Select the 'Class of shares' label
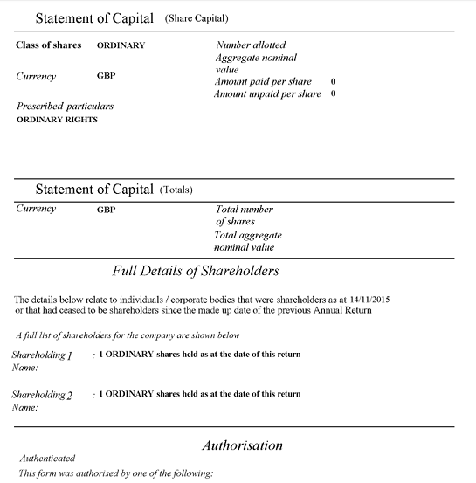pos(49,45)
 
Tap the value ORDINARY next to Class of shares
pos(121,45)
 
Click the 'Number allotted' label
pos(251,45)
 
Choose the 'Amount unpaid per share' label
pos(267,93)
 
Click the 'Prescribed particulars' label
pos(66,106)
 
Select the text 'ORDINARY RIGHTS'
pos(58,120)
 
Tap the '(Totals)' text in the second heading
pos(176,190)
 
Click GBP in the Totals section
pos(106,210)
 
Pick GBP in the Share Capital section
pos(106,76)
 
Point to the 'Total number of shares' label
pos(244,216)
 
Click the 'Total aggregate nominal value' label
pos(248,241)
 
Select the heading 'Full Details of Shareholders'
pos(196,271)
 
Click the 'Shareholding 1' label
pos(42,355)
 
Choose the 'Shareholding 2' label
pos(42,395)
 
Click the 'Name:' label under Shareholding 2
pos(24,407)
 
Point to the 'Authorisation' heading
pos(242,445)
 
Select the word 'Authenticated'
pos(47,459)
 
